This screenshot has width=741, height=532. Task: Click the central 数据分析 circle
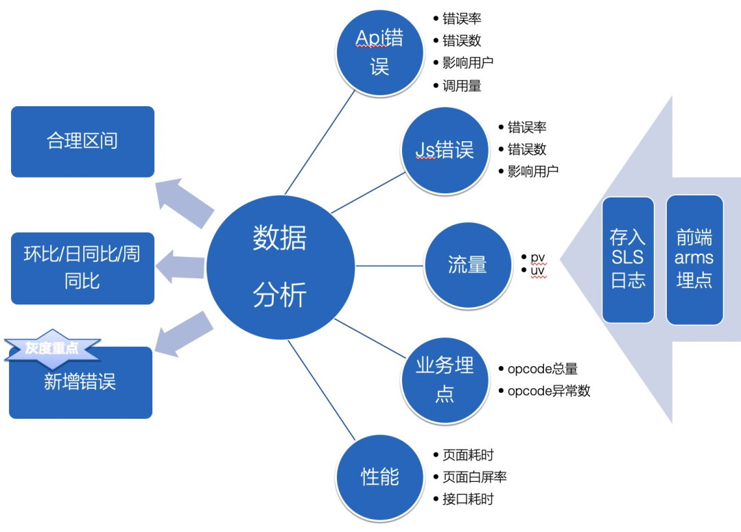click(x=280, y=267)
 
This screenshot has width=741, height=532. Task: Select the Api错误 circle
click(x=379, y=51)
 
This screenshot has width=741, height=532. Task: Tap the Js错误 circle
click(x=445, y=149)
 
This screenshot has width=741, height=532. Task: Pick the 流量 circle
click(x=467, y=265)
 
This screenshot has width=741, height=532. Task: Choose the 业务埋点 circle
click(x=445, y=380)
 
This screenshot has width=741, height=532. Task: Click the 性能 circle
click(x=379, y=476)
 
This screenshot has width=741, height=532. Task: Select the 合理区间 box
click(x=82, y=141)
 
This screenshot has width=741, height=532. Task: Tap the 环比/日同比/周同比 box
click(x=82, y=268)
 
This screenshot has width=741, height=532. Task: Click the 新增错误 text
click(x=80, y=382)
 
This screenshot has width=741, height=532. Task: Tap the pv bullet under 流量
click(x=538, y=257)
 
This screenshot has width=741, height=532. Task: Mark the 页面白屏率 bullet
click(x=474, y=477)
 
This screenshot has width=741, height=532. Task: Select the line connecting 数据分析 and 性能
click(x=320, y=389)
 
